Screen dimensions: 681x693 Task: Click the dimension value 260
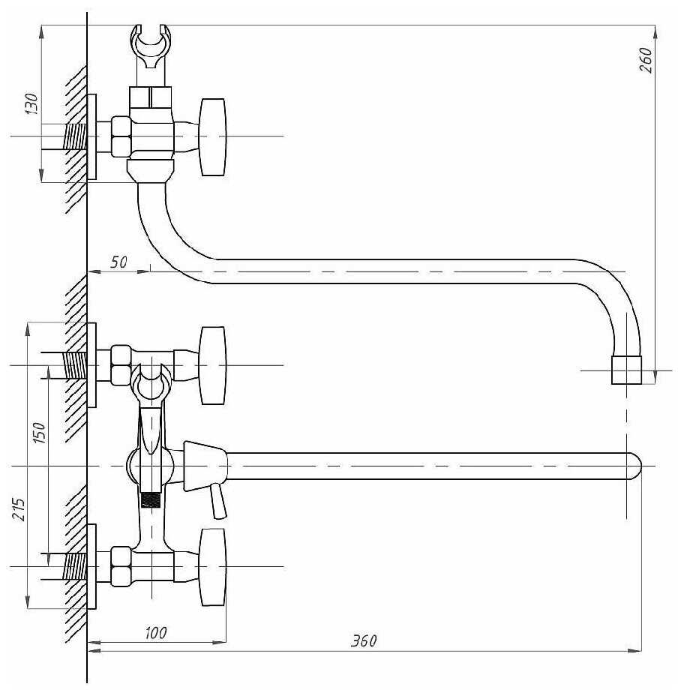[646, 60]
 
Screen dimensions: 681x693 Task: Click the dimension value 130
[31, 103]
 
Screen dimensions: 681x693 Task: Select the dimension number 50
[118, 262]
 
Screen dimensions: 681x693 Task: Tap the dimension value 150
[39, 433]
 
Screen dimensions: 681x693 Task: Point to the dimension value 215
[19, 509]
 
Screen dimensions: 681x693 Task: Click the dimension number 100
[156, 633]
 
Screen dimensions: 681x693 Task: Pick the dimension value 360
[364, 640]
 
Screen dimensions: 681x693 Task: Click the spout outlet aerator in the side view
[627, 370]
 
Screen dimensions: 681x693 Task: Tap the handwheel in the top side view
[213, 137]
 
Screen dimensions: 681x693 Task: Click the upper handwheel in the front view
[213, 365]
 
